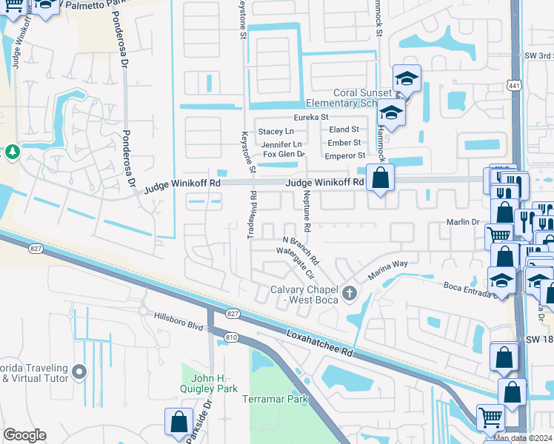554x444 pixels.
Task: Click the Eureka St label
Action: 310,117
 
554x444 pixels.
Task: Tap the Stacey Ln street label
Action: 276,131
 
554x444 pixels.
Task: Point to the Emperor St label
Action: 345,155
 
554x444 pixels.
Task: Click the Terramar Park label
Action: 275,399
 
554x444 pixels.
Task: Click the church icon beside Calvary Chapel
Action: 350,295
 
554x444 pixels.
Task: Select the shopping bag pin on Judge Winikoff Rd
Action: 380,178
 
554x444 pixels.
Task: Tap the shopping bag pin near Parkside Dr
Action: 178,423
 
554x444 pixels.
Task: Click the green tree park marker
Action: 13,152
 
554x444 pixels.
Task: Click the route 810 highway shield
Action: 231,337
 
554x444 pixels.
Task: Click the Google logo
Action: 24,434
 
